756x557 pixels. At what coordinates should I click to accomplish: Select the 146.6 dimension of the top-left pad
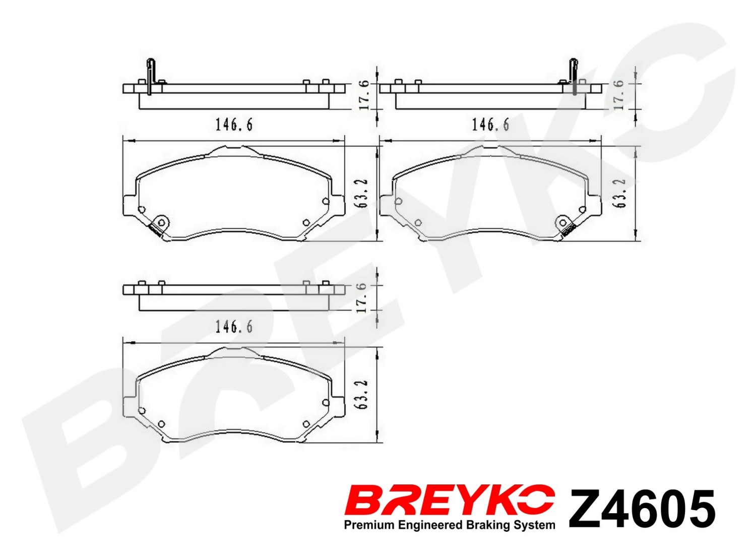click(234, 125)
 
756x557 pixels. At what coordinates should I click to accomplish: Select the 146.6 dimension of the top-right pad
click(490, 125)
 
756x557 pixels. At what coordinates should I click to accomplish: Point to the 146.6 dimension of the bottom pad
click(234, 327)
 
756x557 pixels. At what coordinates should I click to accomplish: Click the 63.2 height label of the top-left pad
click(362, 194)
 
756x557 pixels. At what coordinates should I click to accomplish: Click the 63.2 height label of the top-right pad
click(619, 194)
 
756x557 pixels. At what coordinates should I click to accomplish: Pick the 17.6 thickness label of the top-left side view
click(363, 96)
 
